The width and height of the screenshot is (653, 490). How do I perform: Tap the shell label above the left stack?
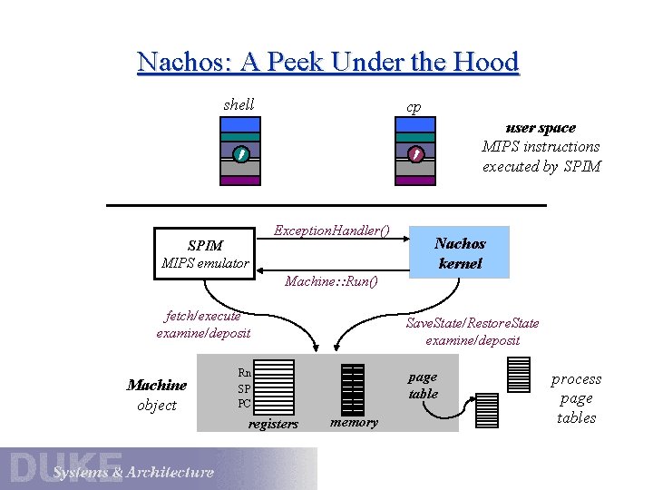[x=239, y=104]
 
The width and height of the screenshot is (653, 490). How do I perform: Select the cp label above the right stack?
[x=414, y=107]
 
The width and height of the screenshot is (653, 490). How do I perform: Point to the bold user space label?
[x=541, y=128]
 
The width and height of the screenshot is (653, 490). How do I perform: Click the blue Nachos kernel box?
[x=460, y=253]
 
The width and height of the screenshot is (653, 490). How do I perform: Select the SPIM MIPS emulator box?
[x=205, y=253]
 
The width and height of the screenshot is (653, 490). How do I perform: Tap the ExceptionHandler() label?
[x=332, y=230]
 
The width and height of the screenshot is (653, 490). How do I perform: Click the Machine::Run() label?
[x=331, y=281]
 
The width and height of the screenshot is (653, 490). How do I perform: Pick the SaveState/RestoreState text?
[x=473, y=323]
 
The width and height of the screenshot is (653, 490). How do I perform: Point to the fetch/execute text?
[x=203, y=316]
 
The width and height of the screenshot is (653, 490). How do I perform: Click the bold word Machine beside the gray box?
[x=157, y=386]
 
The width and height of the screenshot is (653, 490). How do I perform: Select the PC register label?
[x=244, y=403]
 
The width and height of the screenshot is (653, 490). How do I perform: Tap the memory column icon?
[x=352, y=388]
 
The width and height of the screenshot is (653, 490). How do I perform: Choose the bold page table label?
[x=423, y=385]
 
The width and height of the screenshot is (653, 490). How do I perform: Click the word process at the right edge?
[x=576, y=379]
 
